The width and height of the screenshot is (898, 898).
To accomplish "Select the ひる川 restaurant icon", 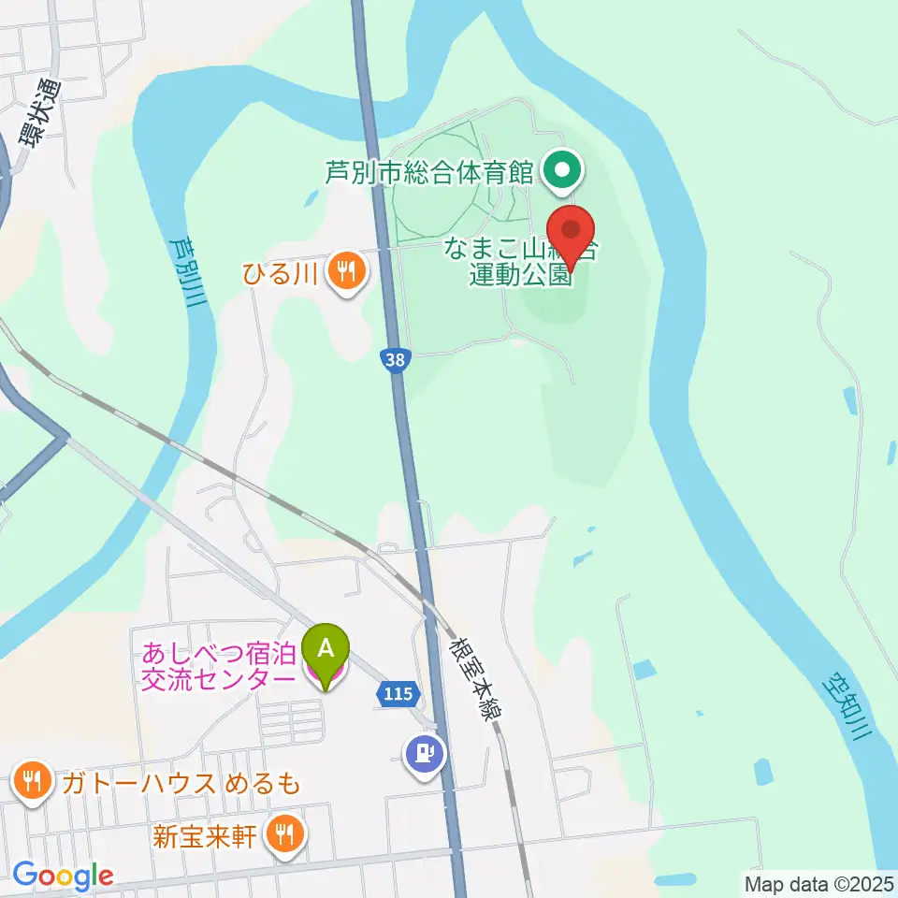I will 347,273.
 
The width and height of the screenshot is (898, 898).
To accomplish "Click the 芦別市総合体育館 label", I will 429,172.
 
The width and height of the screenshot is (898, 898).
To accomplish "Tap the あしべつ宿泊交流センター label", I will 218,664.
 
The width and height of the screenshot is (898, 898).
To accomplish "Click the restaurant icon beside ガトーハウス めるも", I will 33,784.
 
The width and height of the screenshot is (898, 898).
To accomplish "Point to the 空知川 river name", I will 850,706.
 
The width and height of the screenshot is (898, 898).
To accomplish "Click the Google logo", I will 63,876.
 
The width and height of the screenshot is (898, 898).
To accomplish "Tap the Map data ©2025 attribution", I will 819,882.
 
